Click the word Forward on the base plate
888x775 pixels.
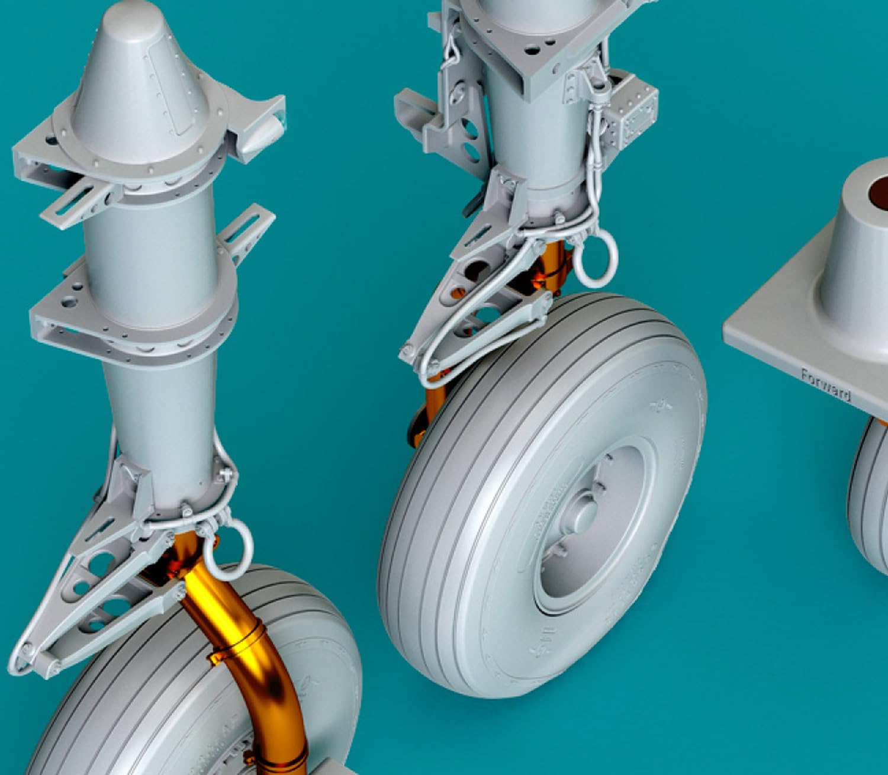pyautogui.click(x=826, y=385)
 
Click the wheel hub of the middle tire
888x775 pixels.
pyautogui.click(x=586, y=521)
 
